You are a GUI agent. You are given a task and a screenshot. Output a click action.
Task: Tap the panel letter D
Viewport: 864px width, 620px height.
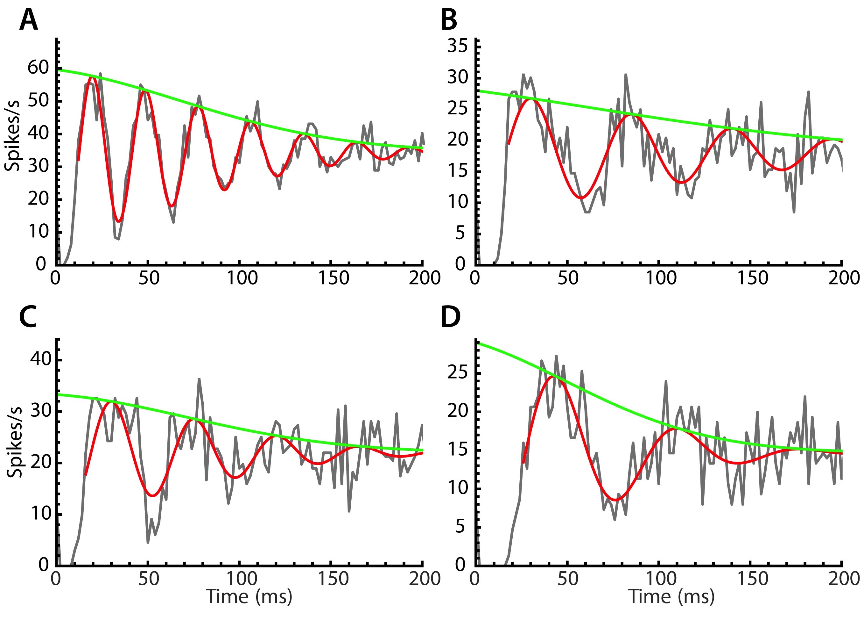(x=450, y=317)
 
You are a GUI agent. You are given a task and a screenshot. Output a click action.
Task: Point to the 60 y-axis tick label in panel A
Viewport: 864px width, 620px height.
(x=39, y=68)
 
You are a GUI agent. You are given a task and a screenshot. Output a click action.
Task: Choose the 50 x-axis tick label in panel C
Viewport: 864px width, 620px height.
(x=148, y=579)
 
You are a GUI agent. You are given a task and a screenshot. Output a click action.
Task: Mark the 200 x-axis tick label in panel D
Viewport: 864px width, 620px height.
(x=843, y=579)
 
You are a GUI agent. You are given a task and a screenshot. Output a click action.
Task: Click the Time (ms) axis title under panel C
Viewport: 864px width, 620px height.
(x=249, y=596)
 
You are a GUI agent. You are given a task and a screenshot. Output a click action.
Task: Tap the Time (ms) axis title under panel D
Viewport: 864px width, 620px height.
(x=671, y=596)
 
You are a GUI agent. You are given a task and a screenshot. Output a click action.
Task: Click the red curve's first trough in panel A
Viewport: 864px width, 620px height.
(x=119, y=221)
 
